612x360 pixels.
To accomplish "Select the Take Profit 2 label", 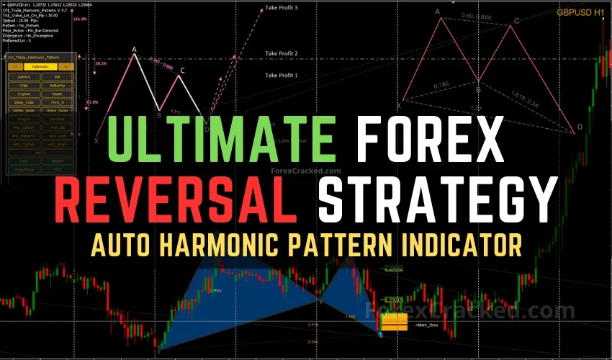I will click(x=282, y=53).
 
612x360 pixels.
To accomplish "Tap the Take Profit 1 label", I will click(x=282, y=75).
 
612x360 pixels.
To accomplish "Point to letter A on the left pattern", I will click(x=134, y=49).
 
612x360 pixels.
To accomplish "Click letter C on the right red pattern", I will click(x=516, y=21).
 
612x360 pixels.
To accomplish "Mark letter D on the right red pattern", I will click(x=580, y=128).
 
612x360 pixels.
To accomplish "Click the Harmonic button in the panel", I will click(x=41, y=66).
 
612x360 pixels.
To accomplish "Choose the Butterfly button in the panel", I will click(x=57, y=85).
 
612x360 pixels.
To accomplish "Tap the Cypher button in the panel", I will click(x=24, y=94).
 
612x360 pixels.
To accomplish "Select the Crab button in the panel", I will click(x=24, y=85).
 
